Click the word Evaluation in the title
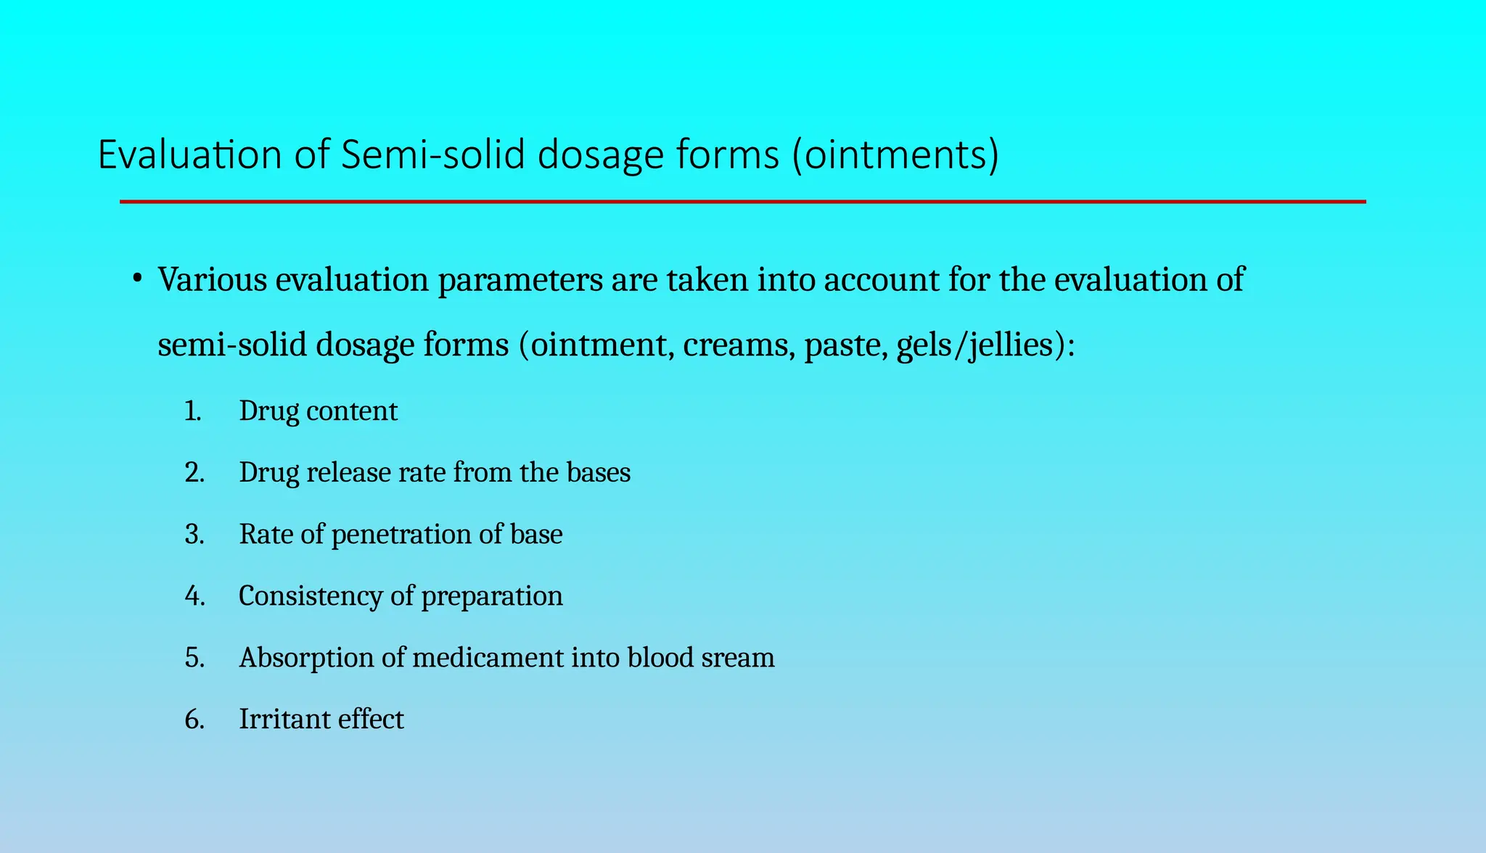tap(189, 155)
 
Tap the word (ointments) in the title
tap(895, 155)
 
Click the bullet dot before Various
tap(136, 279)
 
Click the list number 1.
tap(192, 411)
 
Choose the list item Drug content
tap(318, 411)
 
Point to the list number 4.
tap(194, 596)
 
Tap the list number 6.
tap(194, 720)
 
